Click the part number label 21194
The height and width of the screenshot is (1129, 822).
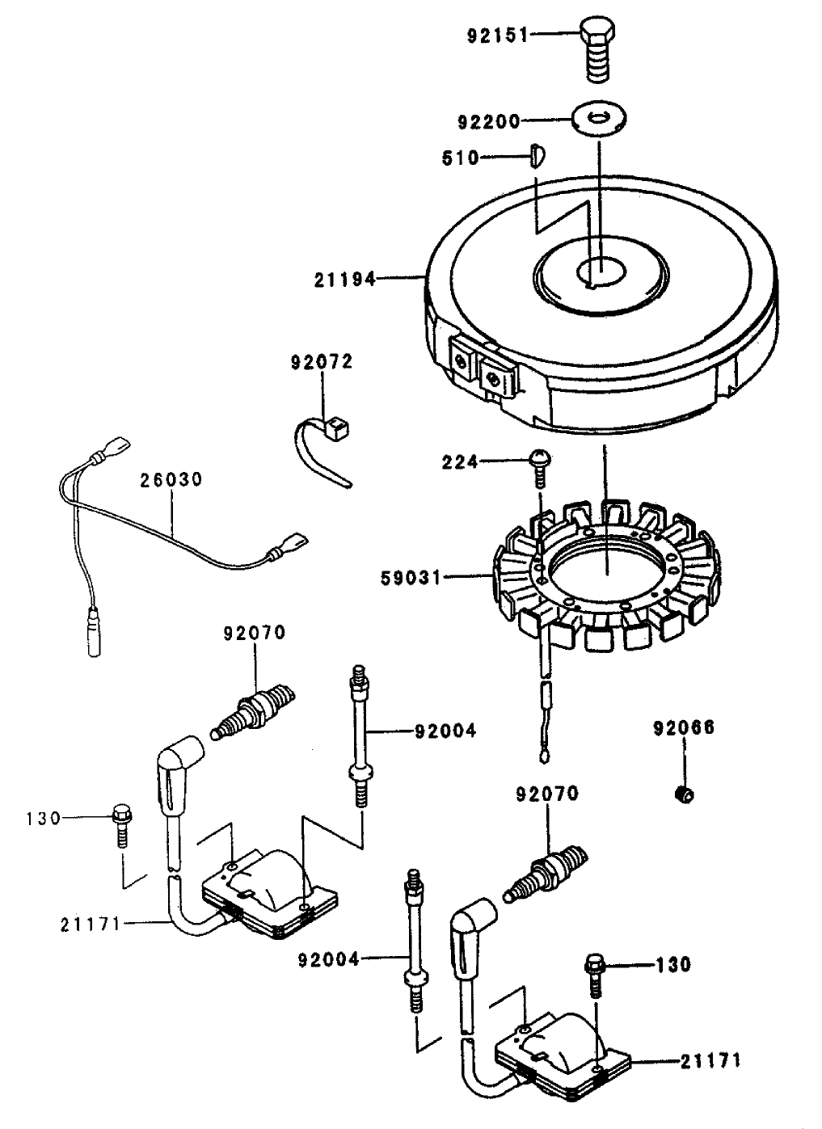coord(345,280)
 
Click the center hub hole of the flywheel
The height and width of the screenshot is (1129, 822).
coord(600,270)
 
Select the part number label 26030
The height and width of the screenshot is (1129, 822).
coord(171,479)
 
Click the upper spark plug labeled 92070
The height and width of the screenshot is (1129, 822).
coord(254,709)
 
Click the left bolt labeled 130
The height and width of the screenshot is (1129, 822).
coord(121,820)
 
